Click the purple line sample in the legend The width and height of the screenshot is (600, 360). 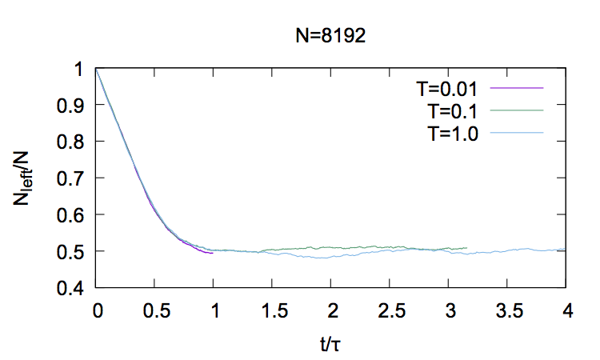pyautogui.click(x=520, y=87)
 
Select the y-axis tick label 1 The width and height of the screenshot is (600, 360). pyautogui.click(x=78, y=69)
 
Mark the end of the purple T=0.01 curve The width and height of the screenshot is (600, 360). pyautogui.click(x=213, y=253)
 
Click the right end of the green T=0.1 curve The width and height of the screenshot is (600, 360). pyautogui.click(x=466, y=248)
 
